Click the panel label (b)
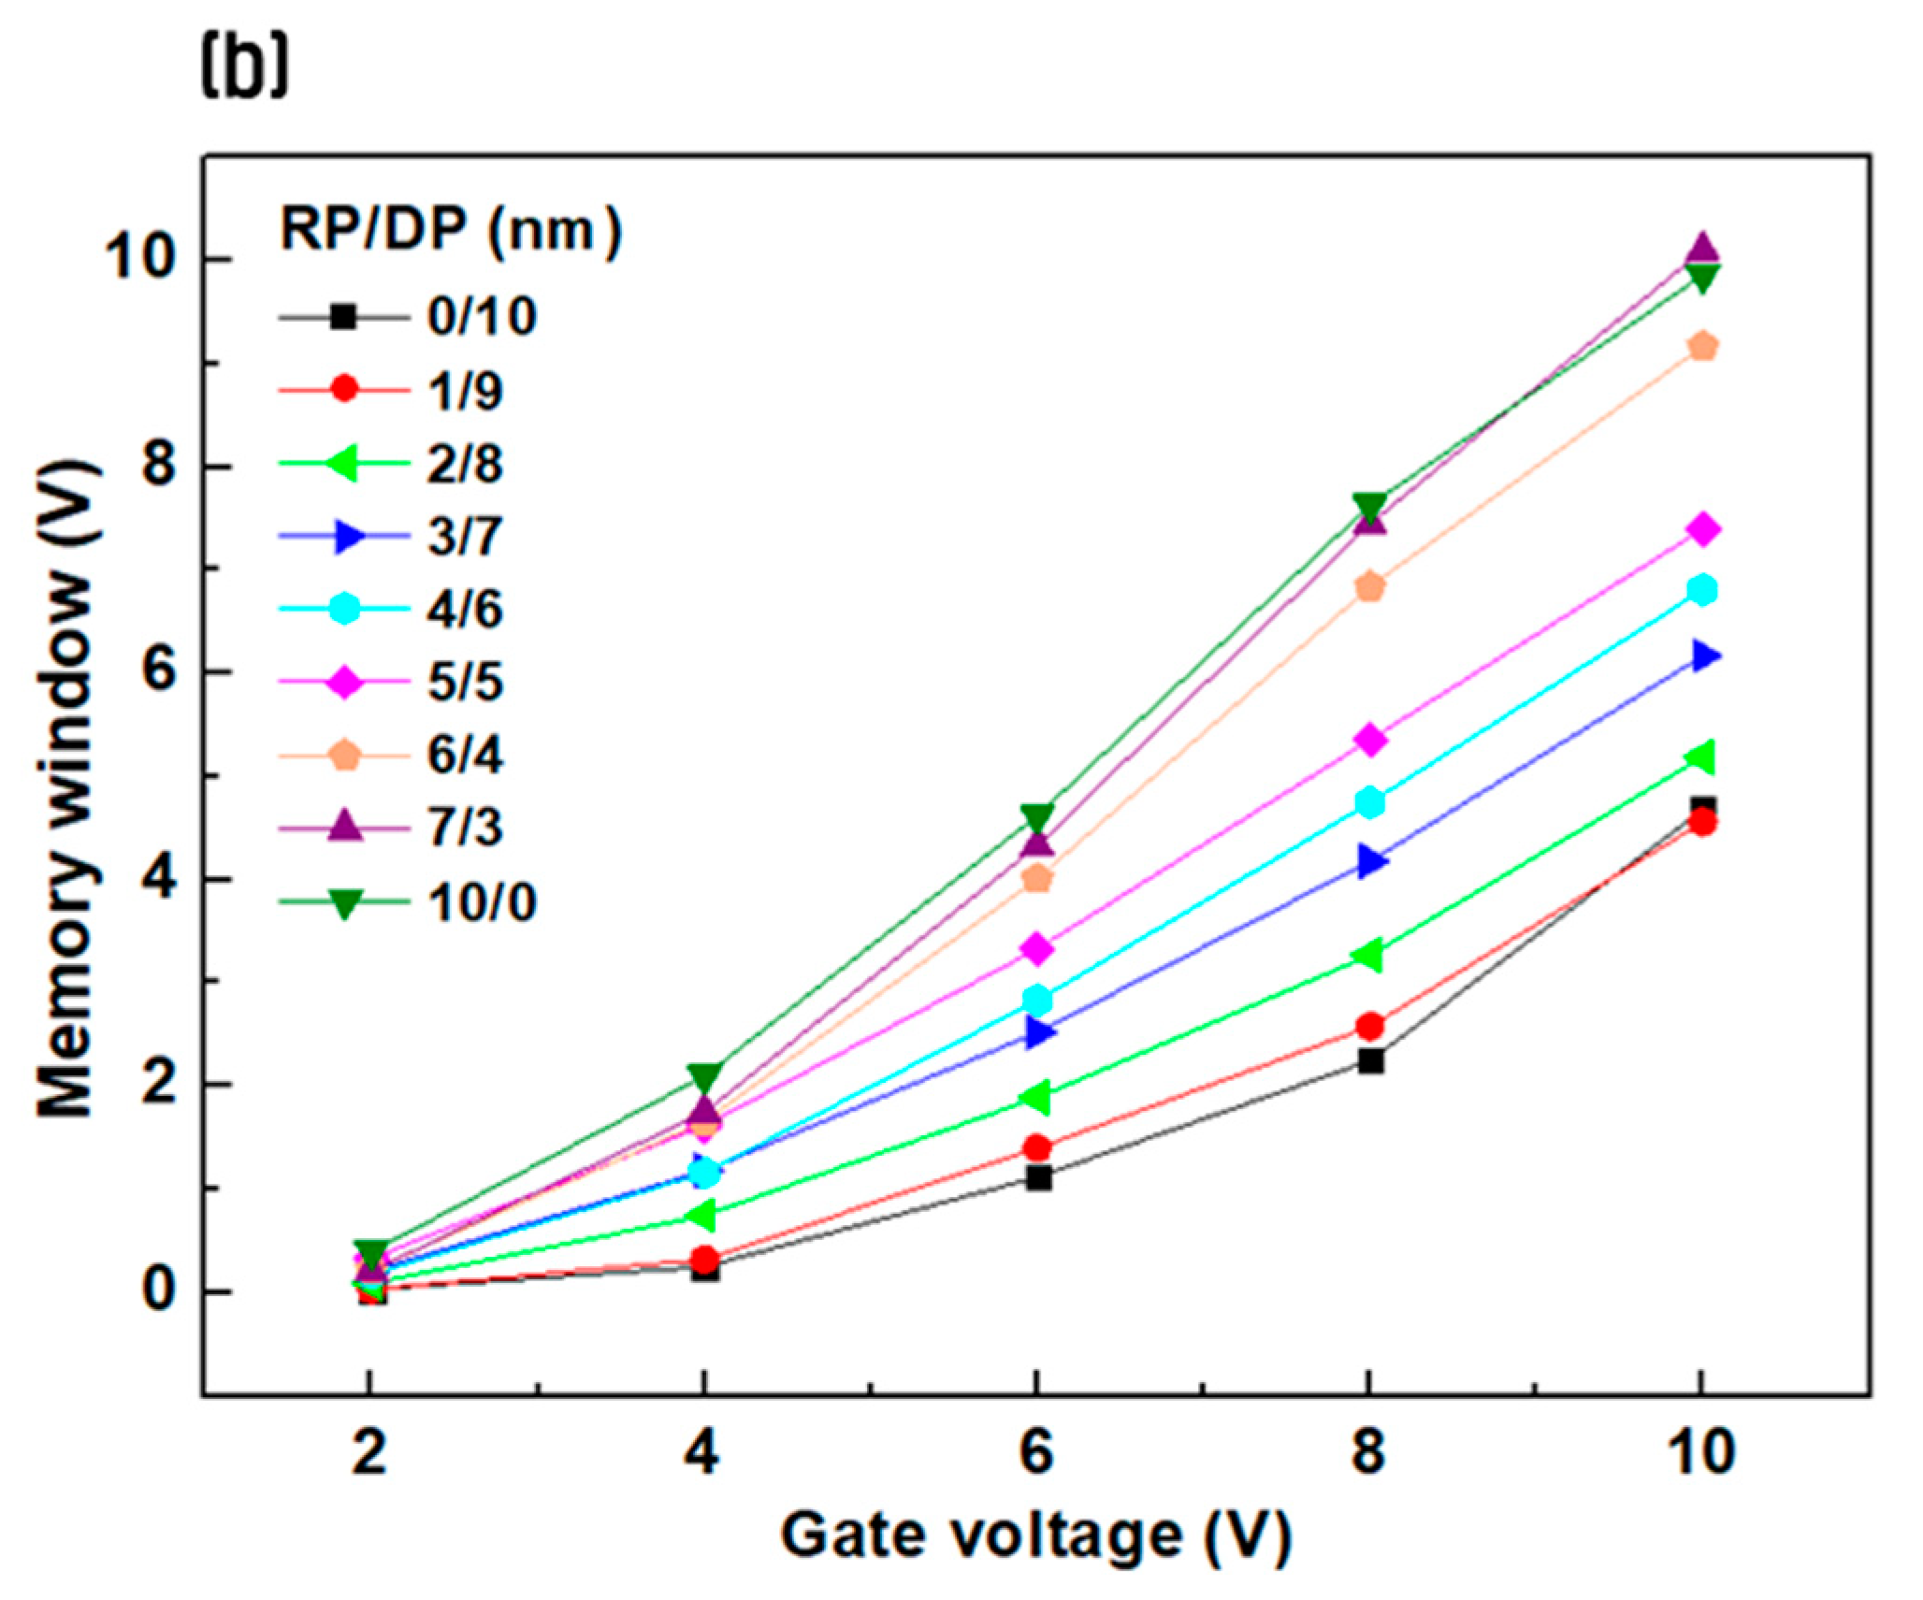pyautogui.click(x=245, y=69)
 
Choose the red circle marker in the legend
pyautogui.click(x=344, y=389)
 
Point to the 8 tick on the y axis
pyautogui.click(x=159, y=466)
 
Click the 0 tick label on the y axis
pyautogui.click(x=159, y=1291)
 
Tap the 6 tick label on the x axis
pyautogui.click(x=1036, y=1453)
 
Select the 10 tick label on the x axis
pyautogui.click(x=1701, y=1453)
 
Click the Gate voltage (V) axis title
pyautogui.click(x=1036, y=1535)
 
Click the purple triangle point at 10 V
pyautogui.click(x=1702, y=249)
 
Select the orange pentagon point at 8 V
pyautogui.click(x=1369, y=587)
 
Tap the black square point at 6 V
pyautogui.click(x=1037, y=1178)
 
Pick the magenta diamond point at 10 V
pyautogui.click(x=1702, y=529)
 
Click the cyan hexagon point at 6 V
pyautogui.click(x=1036, y=999)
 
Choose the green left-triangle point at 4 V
pyautogui.click(x=702, y=1216)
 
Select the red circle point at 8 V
pyautogui.click(x=1369, y=1026)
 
